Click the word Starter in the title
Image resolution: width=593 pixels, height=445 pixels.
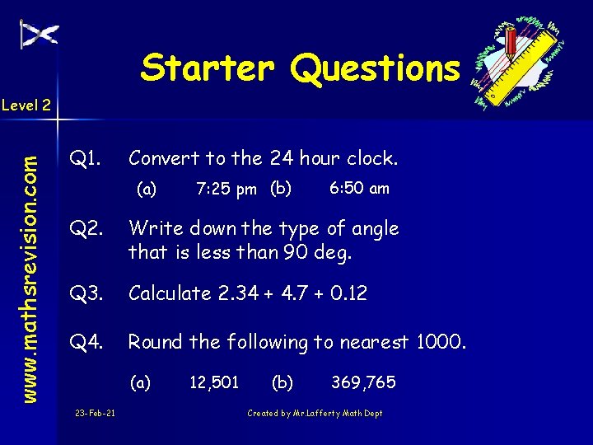click(x=207, y=68)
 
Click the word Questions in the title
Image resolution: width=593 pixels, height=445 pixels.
click(x=374, y=69)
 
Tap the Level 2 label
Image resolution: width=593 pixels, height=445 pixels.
click(x=26, y=105)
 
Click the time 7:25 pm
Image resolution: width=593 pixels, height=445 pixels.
click(x=226, y=190)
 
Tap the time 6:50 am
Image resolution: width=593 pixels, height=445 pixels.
click(x=359, y=189)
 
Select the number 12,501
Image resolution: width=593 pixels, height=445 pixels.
click(x=214, y=382)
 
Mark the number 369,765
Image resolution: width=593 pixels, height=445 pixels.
click(x=363, y=382)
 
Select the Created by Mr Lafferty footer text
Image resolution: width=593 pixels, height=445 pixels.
click(x=315, y=413)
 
